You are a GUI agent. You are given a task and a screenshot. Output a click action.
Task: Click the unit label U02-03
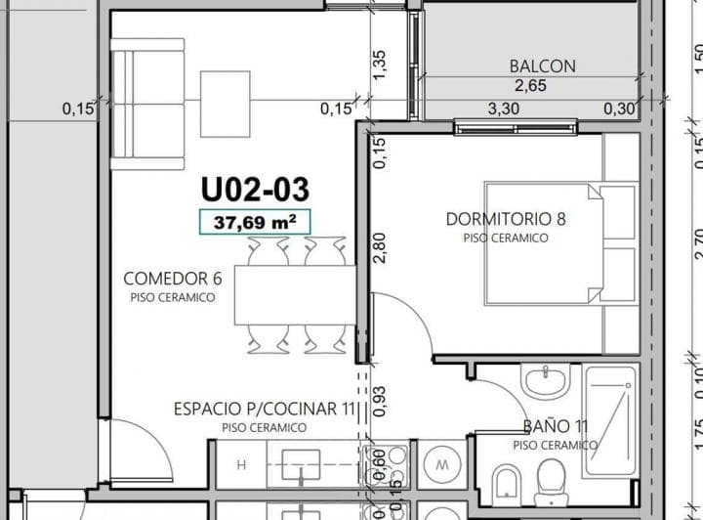tap(255, 188)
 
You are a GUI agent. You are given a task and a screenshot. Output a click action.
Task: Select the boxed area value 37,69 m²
tap(255, 223)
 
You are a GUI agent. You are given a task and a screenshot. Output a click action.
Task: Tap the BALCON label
tap(542, 66)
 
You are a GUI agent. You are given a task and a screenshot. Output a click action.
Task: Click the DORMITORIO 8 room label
tap(506, 219)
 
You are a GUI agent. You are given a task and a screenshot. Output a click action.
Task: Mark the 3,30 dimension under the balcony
tap(504, 108)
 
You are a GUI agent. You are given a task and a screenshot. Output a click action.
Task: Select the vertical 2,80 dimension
tap(380, 246)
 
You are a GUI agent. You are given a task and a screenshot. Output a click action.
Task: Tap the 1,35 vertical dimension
tap(380, 65)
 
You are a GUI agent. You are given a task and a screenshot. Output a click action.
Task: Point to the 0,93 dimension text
tap(380, 397)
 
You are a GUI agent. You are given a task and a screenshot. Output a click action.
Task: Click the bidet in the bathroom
tap(506, 481)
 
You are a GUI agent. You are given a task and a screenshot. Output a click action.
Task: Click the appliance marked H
tap(240, 463)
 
